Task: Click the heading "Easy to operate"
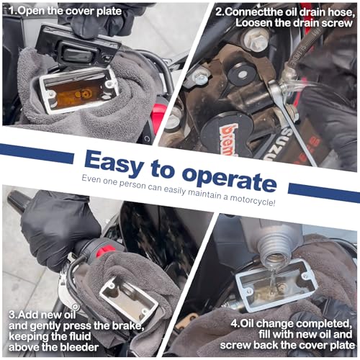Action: click(180, 171)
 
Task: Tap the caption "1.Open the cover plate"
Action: click(66, 11)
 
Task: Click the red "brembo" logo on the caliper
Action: click(228, 139)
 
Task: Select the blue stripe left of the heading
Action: click(37, 153)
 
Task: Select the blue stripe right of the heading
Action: click(324, 192)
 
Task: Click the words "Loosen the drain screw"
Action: click(294, 23)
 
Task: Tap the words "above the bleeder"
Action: click(53, 347)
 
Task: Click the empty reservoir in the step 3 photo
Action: click(129, 300)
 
